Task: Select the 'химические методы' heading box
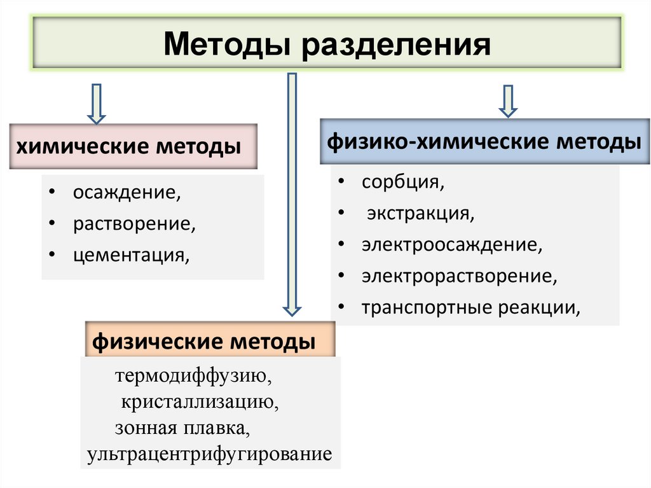[x=134, y=147]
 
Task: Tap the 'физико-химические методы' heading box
[x=484, y=141]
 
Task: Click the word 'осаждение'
[x=125, y=192]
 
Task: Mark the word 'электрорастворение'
[x=459, y=276]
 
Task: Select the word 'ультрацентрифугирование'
[x=210, y=454]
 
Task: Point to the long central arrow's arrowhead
[x=292, y=309]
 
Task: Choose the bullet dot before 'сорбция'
[x=342, y=182]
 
